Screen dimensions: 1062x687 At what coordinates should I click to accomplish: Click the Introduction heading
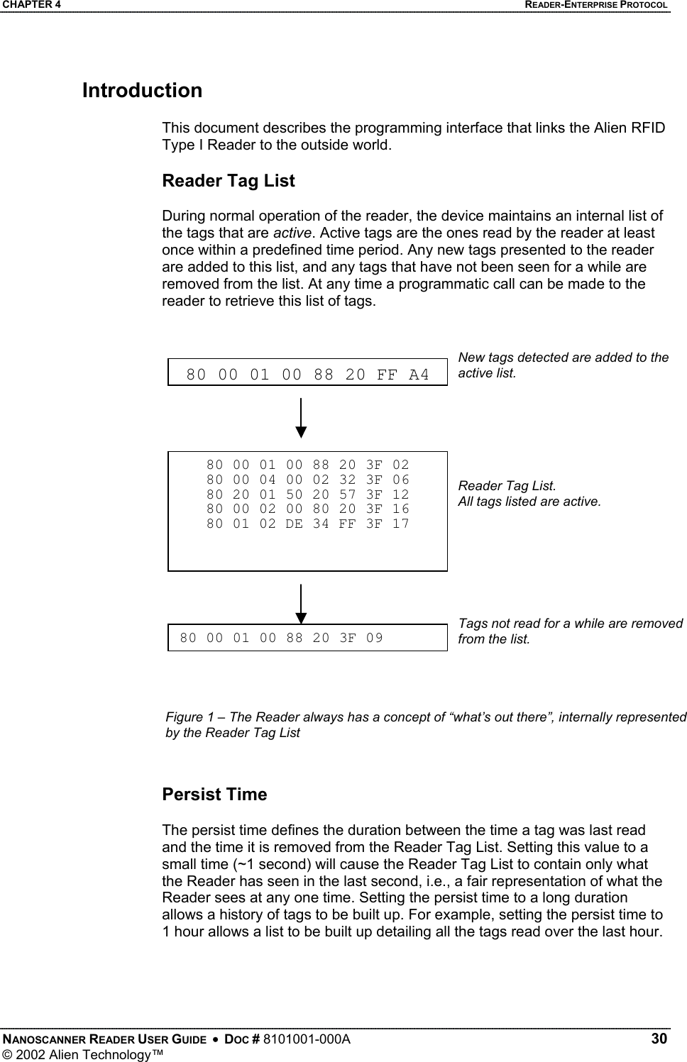[x=142, y=91]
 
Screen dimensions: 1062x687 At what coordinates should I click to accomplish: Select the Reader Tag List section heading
[x=229, y=181]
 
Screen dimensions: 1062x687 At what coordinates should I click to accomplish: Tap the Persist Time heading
[x=214, y=794]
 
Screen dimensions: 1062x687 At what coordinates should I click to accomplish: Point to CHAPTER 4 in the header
[x=31, y=5]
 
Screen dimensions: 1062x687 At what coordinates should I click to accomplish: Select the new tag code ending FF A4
[x=307, y=374]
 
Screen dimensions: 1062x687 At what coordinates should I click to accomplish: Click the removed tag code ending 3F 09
[x=281, y=637]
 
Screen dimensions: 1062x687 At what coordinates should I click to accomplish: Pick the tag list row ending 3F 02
[x=307, y=465]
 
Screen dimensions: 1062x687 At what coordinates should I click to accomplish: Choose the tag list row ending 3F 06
[x=307, y=480]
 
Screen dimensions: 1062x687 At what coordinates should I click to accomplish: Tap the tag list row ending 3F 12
[x=307, y=494]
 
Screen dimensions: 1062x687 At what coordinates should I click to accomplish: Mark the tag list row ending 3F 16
[x=307, y=509]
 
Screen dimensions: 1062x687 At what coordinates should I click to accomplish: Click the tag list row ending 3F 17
[x=307, y=524]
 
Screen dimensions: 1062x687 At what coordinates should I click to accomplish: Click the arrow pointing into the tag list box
[x=302, y=419]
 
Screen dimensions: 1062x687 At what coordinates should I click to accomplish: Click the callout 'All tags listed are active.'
[x=529, y=502]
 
